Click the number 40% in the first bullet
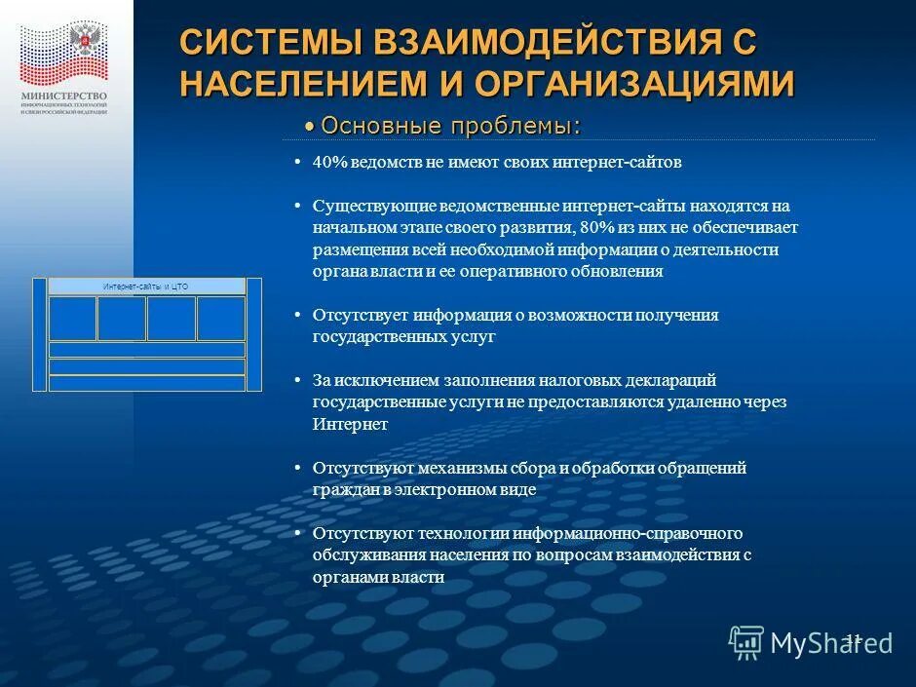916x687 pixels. [x=330, y=163]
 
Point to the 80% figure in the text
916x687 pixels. [x=594, y=228]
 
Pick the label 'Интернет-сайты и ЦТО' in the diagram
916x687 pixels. [x=146, y=286]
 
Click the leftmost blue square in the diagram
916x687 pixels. [x=72, y=318]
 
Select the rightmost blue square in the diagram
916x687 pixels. [x=221, y=318]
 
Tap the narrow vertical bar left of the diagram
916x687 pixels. [x=39, y=334]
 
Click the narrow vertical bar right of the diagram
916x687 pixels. [x=254, y=334]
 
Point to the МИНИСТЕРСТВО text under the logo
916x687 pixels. [x=64, y=95]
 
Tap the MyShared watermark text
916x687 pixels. [x=831, y=642]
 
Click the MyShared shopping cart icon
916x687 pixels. [x=746, y=641]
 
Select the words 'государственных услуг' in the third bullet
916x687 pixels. [x=403, y=336]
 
